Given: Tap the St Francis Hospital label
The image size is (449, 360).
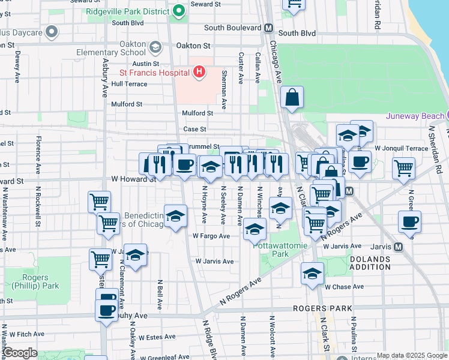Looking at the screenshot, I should [154, 73].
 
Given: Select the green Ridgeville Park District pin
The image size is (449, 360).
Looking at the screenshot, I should [178, 11].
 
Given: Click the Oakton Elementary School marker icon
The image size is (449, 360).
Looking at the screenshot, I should [155, 47].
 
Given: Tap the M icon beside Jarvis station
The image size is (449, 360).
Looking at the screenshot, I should [398, 247].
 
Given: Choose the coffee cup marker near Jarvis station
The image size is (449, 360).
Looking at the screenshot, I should [409, 222].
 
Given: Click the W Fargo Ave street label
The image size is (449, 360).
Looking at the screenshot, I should [211, 236].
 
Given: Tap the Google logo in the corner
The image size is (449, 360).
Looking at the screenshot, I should [20, 353].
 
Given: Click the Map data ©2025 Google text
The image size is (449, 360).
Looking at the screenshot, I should [411, 355].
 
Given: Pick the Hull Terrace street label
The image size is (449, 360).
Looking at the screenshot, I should [129, 84].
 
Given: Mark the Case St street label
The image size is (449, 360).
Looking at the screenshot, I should [194, 129].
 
